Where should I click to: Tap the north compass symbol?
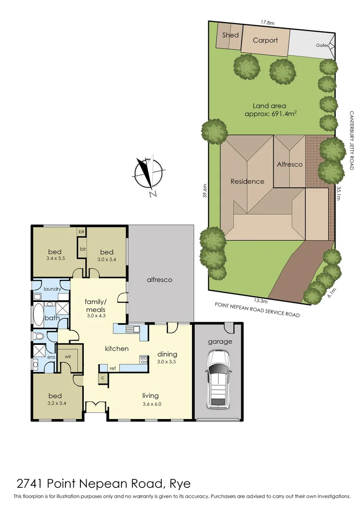147,174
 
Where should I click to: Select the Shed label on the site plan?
230,35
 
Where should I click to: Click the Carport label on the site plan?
265,40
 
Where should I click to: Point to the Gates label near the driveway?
322,45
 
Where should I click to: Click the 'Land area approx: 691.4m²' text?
273,110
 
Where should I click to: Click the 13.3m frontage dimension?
261,300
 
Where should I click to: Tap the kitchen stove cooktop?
143,360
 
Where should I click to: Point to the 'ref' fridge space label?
113,368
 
